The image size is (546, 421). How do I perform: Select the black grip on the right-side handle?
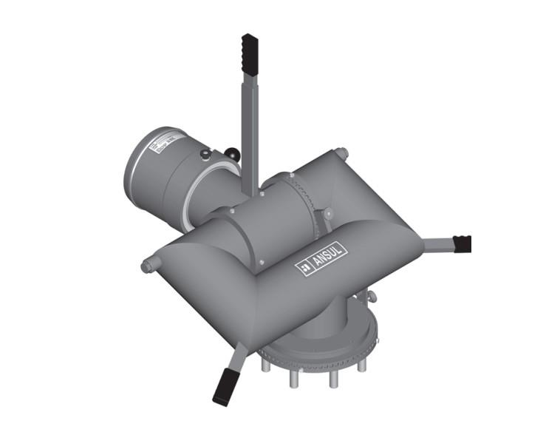click(462, 243)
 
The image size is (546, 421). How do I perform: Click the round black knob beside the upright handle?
click(233, 155)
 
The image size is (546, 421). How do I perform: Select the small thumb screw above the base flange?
click(370, 297)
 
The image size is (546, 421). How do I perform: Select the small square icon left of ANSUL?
click(304, 268)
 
